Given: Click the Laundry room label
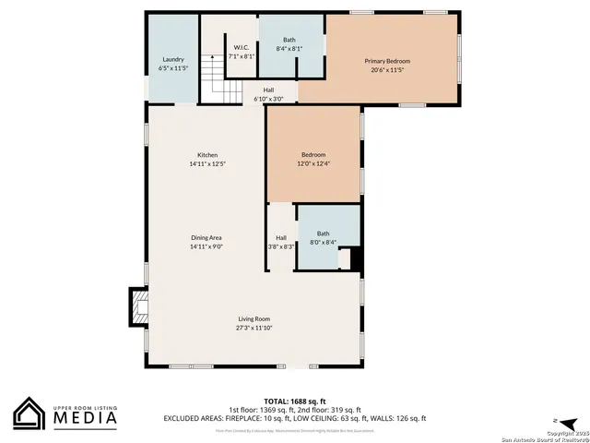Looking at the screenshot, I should [172, 59].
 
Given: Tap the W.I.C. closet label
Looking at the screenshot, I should [242, 47].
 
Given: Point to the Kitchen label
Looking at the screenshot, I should [207, 154].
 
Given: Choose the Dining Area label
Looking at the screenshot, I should [206, 238].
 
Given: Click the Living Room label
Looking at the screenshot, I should [254, 318].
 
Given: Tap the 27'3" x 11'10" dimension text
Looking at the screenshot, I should [254, 328].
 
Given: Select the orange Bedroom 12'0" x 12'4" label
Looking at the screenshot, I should [313, 154].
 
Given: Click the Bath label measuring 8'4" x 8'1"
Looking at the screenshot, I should [289, 40].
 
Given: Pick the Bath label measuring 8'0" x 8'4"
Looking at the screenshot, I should [323, 233].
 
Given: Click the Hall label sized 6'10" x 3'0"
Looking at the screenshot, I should [268, 90].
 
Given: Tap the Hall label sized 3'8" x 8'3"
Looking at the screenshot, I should [280, 238].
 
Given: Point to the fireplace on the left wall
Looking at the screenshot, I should [137, 306].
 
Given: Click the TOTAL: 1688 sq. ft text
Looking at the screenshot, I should [294, 401].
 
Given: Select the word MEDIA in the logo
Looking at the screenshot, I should [83, 417].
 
